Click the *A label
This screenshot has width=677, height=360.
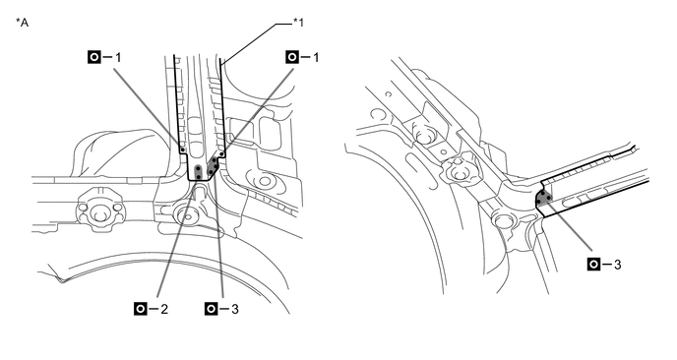[x=22, y=22]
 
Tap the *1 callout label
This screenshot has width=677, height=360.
[x=298, y=22]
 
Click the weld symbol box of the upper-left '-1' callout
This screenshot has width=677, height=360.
[x=93, y=57]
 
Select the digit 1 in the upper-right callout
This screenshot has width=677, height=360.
[x=316, y=57]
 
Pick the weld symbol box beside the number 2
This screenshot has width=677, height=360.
[x=141, y=309]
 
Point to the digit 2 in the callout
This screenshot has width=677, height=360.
[x=164, y=309]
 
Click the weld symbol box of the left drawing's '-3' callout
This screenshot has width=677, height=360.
[x=212, y=309]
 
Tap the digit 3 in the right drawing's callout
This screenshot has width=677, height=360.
[x=617, y=265]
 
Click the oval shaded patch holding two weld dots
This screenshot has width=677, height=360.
[x=198, y=172]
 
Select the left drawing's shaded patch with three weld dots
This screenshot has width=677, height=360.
[x=213, y=166]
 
